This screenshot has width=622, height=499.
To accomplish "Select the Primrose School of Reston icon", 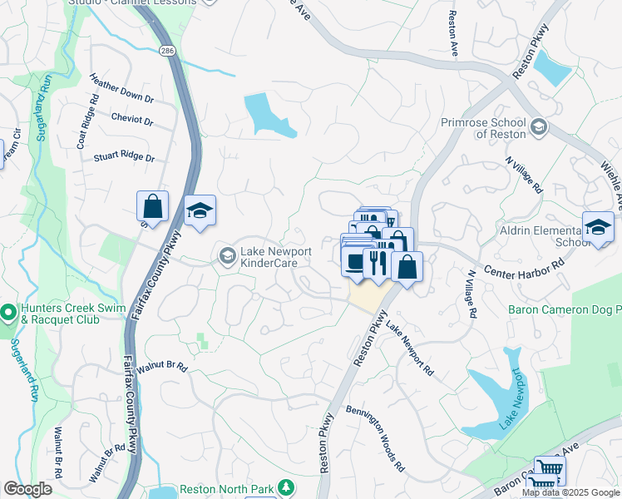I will point(538,126).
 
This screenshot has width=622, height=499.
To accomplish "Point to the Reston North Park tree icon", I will point(285,486).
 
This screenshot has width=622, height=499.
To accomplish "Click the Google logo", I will point(27,489).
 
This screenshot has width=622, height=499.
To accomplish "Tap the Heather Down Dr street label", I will point(123,91).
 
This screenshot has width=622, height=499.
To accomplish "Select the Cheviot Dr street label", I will point(132,120).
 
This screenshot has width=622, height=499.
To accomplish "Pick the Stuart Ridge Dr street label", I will point(124,156).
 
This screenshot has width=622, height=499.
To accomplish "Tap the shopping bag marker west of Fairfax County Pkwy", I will point(152,206).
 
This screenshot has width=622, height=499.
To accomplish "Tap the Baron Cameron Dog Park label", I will point(564,310).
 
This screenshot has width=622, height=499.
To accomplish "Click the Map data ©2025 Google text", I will point(570,492).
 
